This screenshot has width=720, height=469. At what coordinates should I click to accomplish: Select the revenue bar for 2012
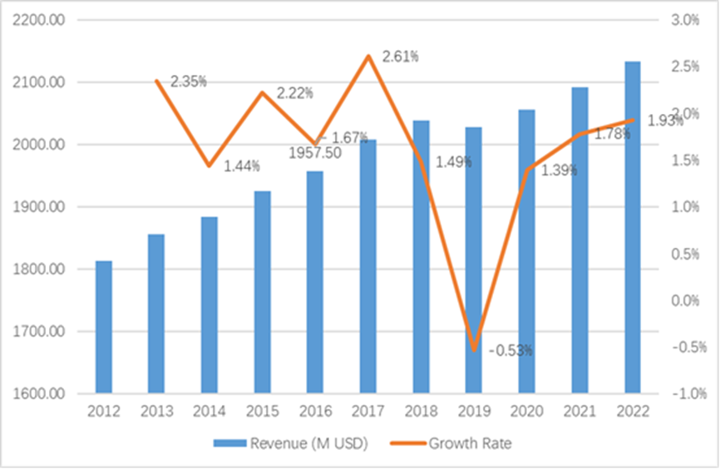point(103,326)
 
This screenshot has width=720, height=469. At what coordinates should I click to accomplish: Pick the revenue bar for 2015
point(262,291)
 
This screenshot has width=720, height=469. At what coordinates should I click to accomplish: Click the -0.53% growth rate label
point(510,351)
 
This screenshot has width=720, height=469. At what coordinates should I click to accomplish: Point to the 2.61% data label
point(400,57)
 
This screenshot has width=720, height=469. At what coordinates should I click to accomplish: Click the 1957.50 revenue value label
point(317,152)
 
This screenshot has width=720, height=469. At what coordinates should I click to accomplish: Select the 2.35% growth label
point(189,81)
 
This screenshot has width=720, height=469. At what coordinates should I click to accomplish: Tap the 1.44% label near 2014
point(242,165)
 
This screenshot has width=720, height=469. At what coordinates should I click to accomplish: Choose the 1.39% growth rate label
point(559,170)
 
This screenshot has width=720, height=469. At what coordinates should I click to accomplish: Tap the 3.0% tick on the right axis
point(686,20)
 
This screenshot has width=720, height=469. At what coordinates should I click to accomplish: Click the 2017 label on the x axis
point(367,412)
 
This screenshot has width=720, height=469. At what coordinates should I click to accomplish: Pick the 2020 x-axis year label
point(526,412)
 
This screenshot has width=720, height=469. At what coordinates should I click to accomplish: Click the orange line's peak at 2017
point(367,57)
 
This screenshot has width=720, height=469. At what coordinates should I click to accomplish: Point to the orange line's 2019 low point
point(474,350)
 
